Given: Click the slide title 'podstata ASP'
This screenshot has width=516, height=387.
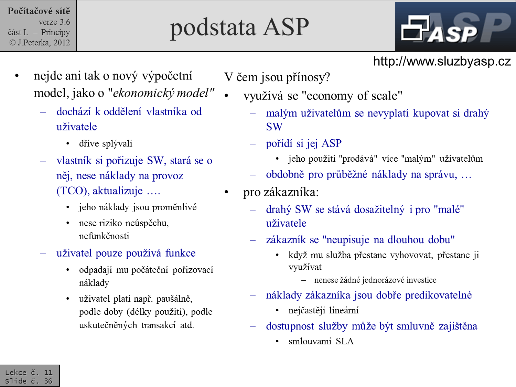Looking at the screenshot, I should point(239,27).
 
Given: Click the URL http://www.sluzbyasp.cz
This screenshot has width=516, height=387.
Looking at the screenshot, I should point(442,61).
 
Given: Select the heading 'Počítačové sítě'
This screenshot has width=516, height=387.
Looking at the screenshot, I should point(39,11).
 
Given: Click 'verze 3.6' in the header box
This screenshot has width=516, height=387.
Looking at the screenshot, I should point(54,22).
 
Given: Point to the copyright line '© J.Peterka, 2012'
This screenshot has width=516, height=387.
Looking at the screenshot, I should point(40,43).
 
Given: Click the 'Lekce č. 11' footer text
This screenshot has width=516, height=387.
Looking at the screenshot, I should point(29,372).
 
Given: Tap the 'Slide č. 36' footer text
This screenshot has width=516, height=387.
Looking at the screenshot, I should point(29,381).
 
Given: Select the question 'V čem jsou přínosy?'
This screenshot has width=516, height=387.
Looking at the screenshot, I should point(277,77).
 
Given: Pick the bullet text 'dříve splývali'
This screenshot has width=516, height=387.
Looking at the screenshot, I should point(105,143).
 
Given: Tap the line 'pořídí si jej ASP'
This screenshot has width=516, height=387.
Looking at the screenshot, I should point(303,143).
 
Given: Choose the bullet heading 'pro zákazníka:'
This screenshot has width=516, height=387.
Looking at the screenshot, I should point(281,192).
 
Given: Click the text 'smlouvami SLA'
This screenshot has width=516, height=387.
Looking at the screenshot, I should point(321,341).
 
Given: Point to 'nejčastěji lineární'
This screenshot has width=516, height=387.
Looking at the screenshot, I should point(323,310).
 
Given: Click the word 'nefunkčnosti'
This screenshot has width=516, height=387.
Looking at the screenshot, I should point(104,236).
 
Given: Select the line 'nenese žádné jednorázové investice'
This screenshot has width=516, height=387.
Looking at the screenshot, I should point(375,280).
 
